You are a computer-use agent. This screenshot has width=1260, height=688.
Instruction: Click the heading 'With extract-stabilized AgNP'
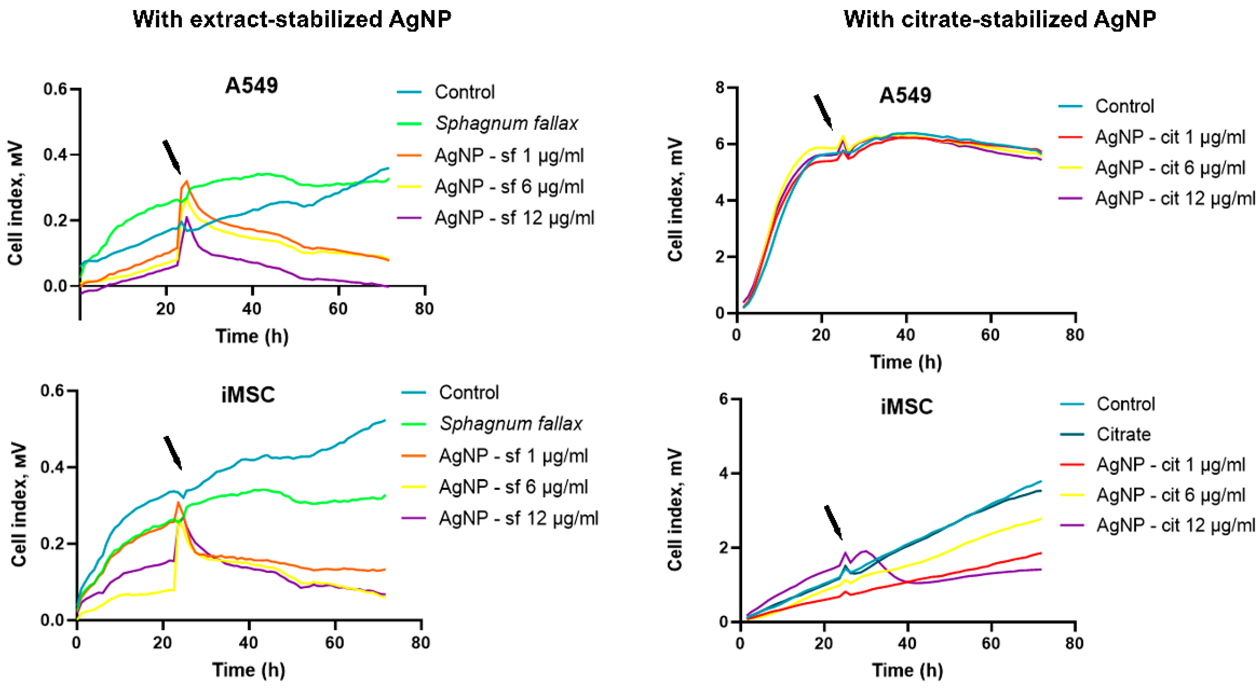pyautogui.click(x=292, y=19)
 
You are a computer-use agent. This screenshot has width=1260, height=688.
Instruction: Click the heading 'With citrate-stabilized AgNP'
pyautogui.click(x=999, y=19)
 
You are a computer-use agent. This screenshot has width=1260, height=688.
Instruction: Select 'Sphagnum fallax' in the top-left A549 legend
pyautogui.click(x=506, y=123)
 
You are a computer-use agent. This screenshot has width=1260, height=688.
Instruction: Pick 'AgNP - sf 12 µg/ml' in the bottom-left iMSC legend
pyautogui.click(x=518, y=518)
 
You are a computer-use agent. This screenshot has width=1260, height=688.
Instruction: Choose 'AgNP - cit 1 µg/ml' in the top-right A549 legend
pyautogui.click(x=1170, y=137)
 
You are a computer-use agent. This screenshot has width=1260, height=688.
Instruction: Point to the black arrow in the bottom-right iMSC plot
pyautogui.click(x=833, y=522)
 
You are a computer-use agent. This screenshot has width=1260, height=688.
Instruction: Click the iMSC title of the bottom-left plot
pyautogui.click(x=248, y=394)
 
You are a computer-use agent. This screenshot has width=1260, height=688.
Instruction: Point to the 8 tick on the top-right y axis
pyautogui.click(x=719, y=88)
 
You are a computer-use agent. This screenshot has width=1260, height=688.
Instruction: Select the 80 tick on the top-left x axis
pyautogui.click(x=424, y=309)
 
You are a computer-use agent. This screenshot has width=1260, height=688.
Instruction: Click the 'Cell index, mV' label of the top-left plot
pyautogui.click(x=16, y=203)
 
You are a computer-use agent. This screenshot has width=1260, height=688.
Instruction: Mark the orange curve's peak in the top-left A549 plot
pyautogui.click(x=186, y=181)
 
